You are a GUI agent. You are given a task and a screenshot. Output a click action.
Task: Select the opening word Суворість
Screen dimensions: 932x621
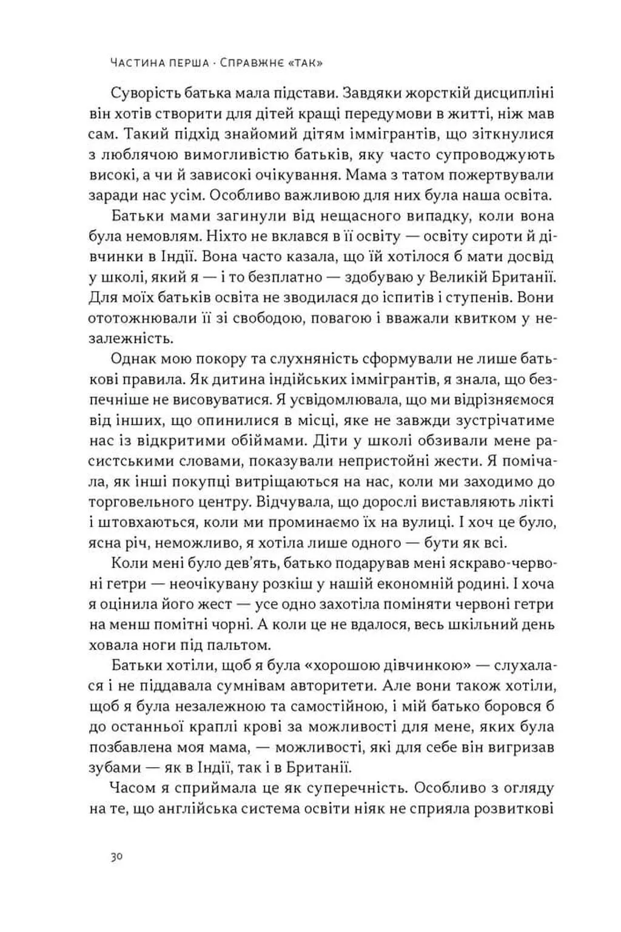(148, 94)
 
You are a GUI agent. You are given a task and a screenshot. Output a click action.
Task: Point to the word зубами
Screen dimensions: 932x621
(115, 768)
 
